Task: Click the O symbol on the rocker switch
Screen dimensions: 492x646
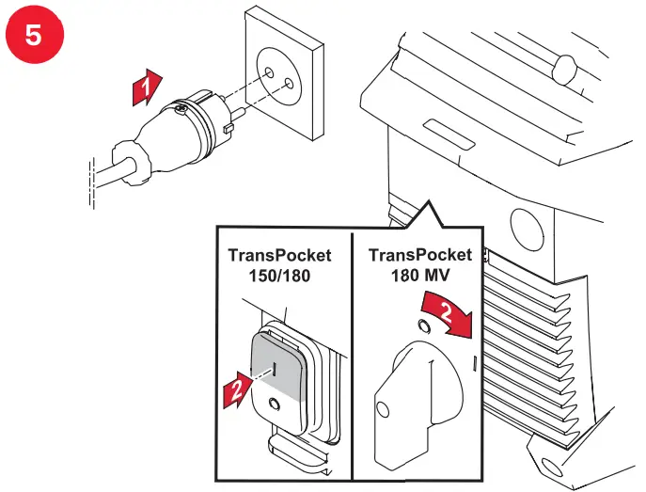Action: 273,405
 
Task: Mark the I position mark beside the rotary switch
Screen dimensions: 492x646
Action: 476,360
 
